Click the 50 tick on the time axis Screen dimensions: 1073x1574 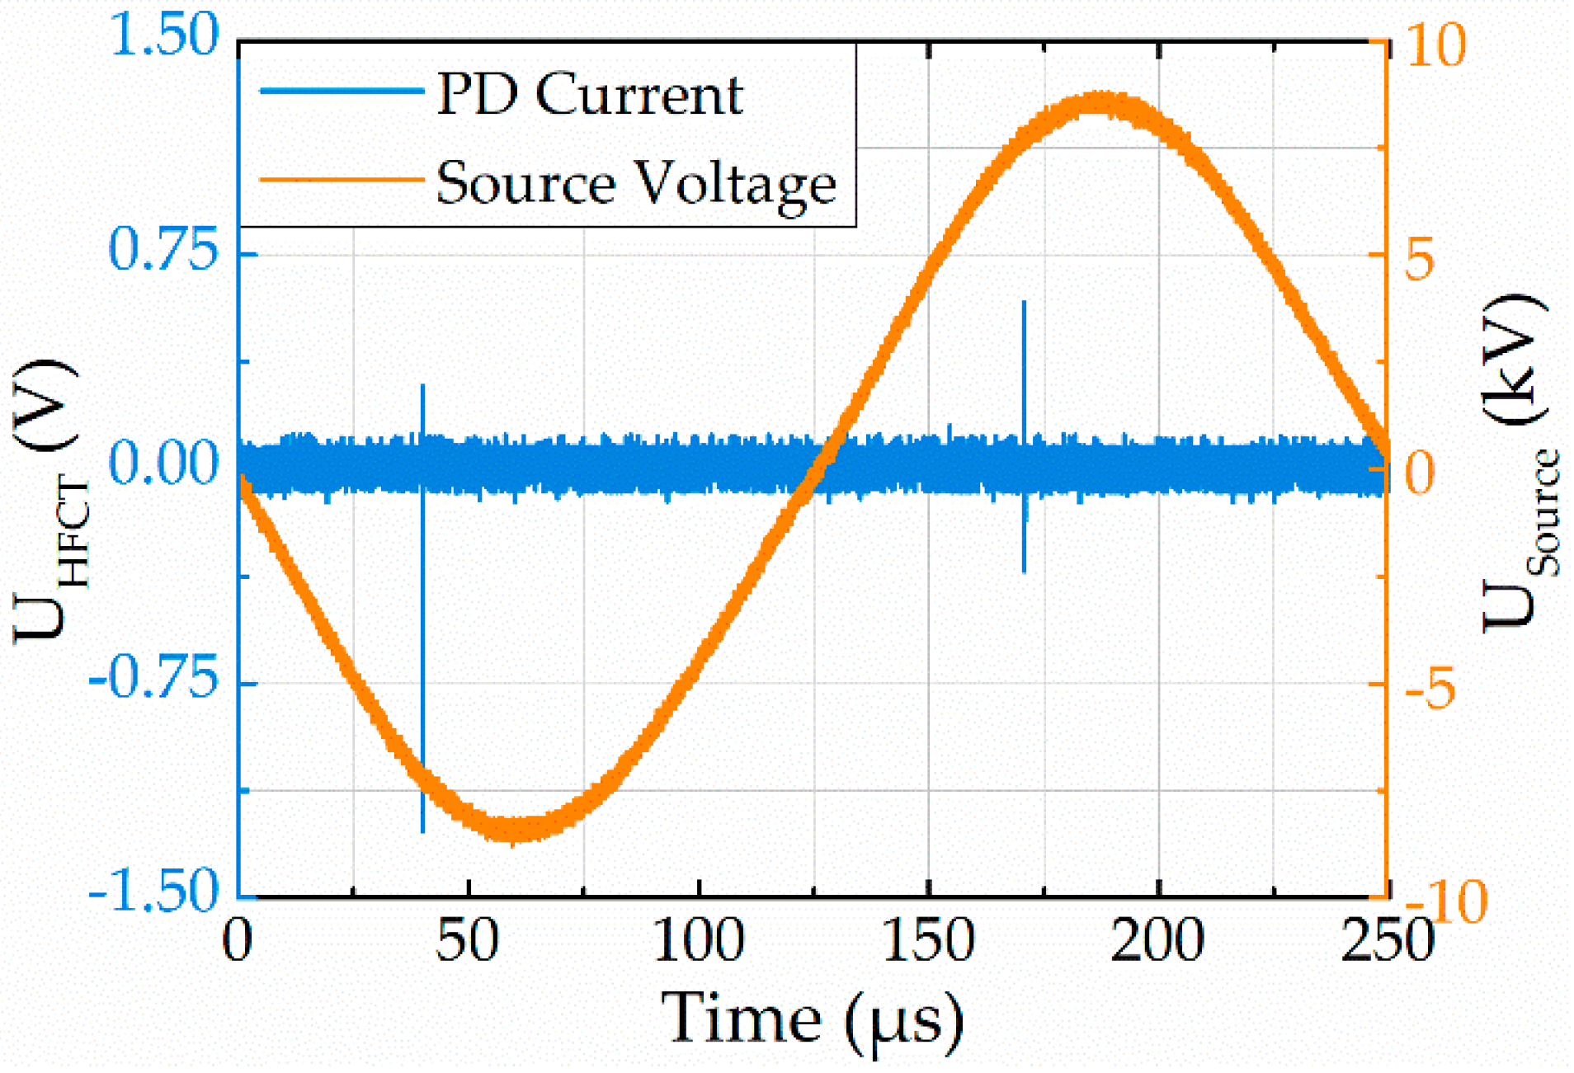click(x=468, y=940)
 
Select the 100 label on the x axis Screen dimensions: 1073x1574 click(x=698, y=940)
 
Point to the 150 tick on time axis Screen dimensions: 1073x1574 click(x=928, y=940)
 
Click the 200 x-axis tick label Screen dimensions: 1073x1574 click(x=1157, y=940)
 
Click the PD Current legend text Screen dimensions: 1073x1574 click(x=589, y=93)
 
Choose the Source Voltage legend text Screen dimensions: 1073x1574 click(x=636, y=182)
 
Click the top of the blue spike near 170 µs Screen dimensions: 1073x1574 click(x=1024, y=304)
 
